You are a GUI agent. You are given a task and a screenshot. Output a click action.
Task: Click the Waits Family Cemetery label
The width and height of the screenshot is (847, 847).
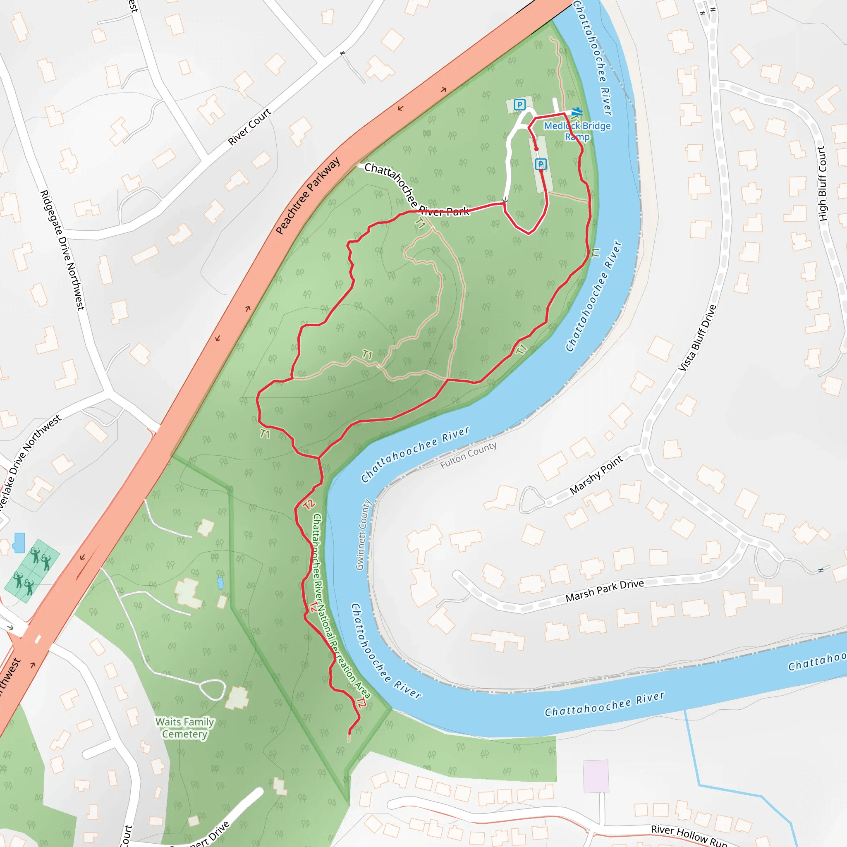tap(184, 728)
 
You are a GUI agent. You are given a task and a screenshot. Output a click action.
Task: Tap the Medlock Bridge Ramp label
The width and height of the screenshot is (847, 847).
tap(577, 131)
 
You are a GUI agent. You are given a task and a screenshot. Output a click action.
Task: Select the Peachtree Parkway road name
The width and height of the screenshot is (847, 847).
tap(308, 196)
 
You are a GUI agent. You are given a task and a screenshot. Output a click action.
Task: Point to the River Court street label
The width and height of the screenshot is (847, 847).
tap(249, 126)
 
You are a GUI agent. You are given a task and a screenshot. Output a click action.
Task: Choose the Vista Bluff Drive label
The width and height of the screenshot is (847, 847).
tap(697, 338)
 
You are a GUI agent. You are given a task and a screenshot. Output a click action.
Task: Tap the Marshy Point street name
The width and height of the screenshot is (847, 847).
tap(596, 475)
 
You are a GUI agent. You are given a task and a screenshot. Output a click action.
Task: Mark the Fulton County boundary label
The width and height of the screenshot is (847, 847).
tap(468, 455)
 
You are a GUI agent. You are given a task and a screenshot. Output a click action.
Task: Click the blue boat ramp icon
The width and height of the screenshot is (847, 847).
tap(577, 112)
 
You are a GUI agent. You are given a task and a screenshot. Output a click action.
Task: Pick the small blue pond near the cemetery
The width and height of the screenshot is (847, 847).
tap(220, 583)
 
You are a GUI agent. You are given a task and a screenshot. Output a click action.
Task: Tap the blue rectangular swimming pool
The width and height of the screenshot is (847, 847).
tap(19, 543)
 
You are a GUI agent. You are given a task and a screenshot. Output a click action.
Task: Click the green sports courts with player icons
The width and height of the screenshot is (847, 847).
tap(32, 570)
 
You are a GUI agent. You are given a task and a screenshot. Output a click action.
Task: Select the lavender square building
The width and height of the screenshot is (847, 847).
tap(596, 776)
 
